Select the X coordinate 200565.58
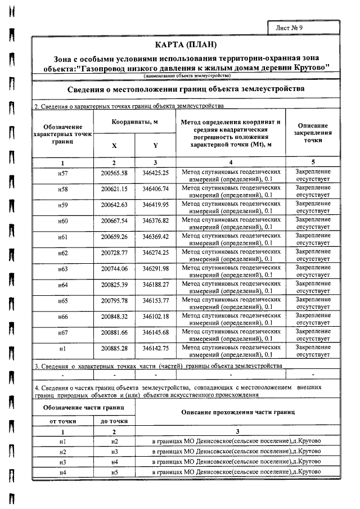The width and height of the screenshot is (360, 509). click(x=114, y=174)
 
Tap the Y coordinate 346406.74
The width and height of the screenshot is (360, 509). click(x=156, y=190)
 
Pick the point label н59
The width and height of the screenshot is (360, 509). click(x=63, y=206)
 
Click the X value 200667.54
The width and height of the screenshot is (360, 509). click(x=114, y=222)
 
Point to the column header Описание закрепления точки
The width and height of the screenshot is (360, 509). click(x=313, y=133)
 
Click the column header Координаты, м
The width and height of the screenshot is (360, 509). click(x=134, y=121)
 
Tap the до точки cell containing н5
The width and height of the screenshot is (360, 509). click(x=114, y=472)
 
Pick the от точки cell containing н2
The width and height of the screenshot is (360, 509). click(x=63, y=452)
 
